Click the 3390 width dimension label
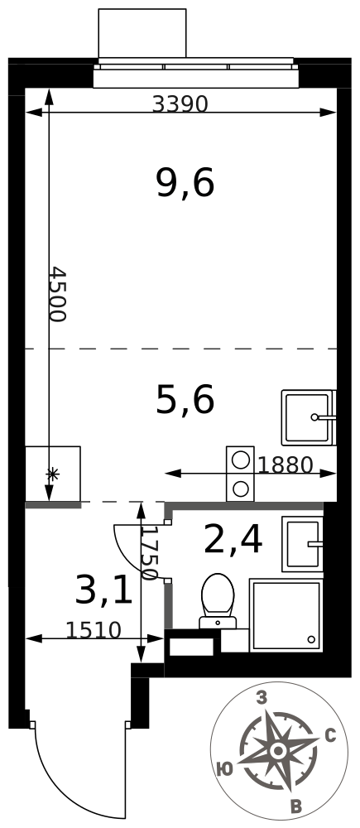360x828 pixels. [x=180, y=104]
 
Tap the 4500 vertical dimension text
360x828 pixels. [x=56, y=295]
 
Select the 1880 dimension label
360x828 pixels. [x=286, y=465]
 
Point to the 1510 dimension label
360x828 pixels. [x=94, y=630]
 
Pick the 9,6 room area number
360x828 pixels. [x=185, y=184]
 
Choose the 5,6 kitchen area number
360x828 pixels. [x=185, y=399]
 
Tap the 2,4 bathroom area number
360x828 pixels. [x=233, y=540]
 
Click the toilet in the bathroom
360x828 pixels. [x=218, y=601]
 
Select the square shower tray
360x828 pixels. [x=286, y=615]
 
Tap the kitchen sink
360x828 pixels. [x=309, y=417]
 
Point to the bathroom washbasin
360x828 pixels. [x=302, y=543]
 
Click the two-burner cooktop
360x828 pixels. [x=241, y=474]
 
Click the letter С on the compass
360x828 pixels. [x=331, y=735]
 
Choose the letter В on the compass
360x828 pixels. [x=296, y=806]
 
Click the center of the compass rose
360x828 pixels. [x=277, y=750]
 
